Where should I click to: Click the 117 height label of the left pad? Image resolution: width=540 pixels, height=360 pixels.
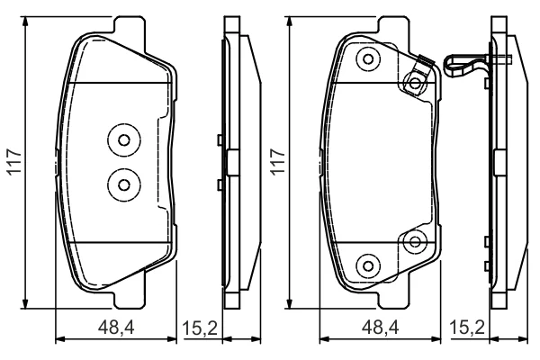tap(14, 162)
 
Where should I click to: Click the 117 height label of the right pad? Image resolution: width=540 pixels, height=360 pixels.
tap(278, 162)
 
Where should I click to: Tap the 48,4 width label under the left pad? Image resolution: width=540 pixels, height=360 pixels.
tap(116, 328)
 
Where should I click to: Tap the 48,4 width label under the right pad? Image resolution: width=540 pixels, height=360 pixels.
tap(380, 328)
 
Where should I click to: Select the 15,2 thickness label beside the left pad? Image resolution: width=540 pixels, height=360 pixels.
tap(200, 328)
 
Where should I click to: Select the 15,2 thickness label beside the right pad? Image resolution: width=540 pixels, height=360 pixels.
tap(467, 328)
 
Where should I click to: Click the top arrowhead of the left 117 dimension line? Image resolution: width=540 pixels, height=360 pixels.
tap(25, 22)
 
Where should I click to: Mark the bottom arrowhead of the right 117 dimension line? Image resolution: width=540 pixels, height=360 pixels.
tap(289, 303)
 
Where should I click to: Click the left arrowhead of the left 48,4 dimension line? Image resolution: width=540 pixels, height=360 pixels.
tap(60, 339)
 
